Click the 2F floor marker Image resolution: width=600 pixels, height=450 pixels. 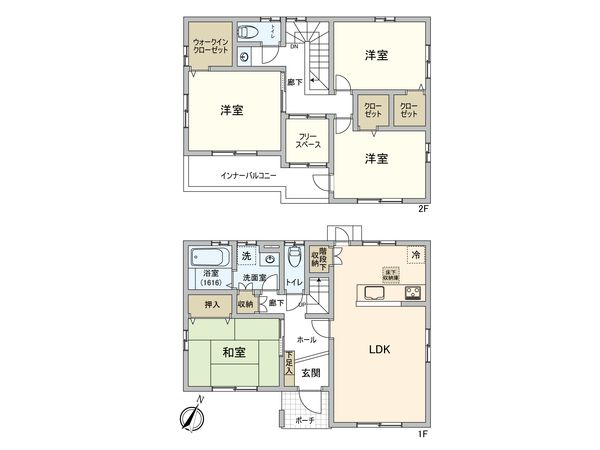422,209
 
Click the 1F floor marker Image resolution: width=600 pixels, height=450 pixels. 422,432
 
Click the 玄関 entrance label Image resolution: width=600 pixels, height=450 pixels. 311,372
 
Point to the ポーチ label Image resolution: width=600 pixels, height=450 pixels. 305,420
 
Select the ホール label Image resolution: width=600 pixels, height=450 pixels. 307,340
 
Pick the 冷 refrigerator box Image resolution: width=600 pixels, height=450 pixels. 415,255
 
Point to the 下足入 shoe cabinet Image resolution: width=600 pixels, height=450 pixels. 289,364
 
